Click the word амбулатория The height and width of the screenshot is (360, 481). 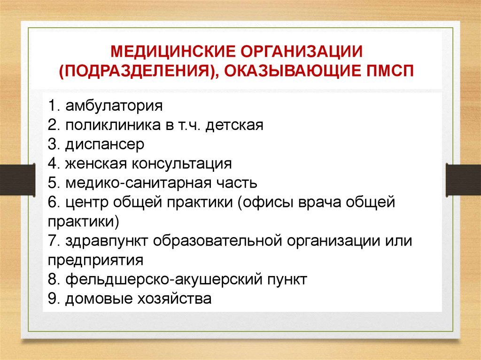tap(114, 106)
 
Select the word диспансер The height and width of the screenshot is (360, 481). tap(105, 144)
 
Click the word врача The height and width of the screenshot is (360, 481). tap(325, 202)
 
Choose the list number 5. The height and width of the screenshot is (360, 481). tap(52, 183)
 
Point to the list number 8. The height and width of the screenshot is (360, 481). tap(52, 280)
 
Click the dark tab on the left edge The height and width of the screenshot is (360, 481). tap(17, 179)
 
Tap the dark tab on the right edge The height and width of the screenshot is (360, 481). tap(464, 179)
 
